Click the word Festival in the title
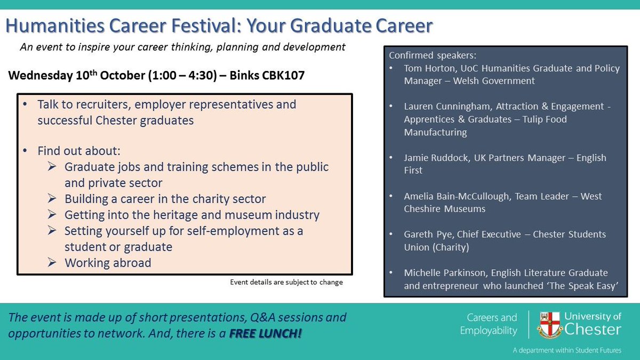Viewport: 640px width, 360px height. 218,26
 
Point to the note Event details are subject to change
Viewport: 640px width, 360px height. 286,282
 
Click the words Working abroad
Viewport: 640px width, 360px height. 108,262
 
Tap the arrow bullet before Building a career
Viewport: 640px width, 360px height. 52,199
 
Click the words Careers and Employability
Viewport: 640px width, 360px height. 489,324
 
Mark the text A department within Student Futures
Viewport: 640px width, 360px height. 567,350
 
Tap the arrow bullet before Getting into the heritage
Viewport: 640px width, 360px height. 52,215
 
